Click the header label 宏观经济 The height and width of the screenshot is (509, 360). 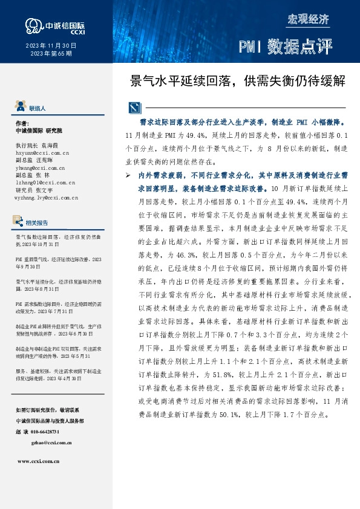309,19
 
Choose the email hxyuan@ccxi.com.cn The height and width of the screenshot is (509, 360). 42,154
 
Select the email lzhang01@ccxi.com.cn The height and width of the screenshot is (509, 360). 45,182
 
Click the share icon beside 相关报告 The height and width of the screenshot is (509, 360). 19,222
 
